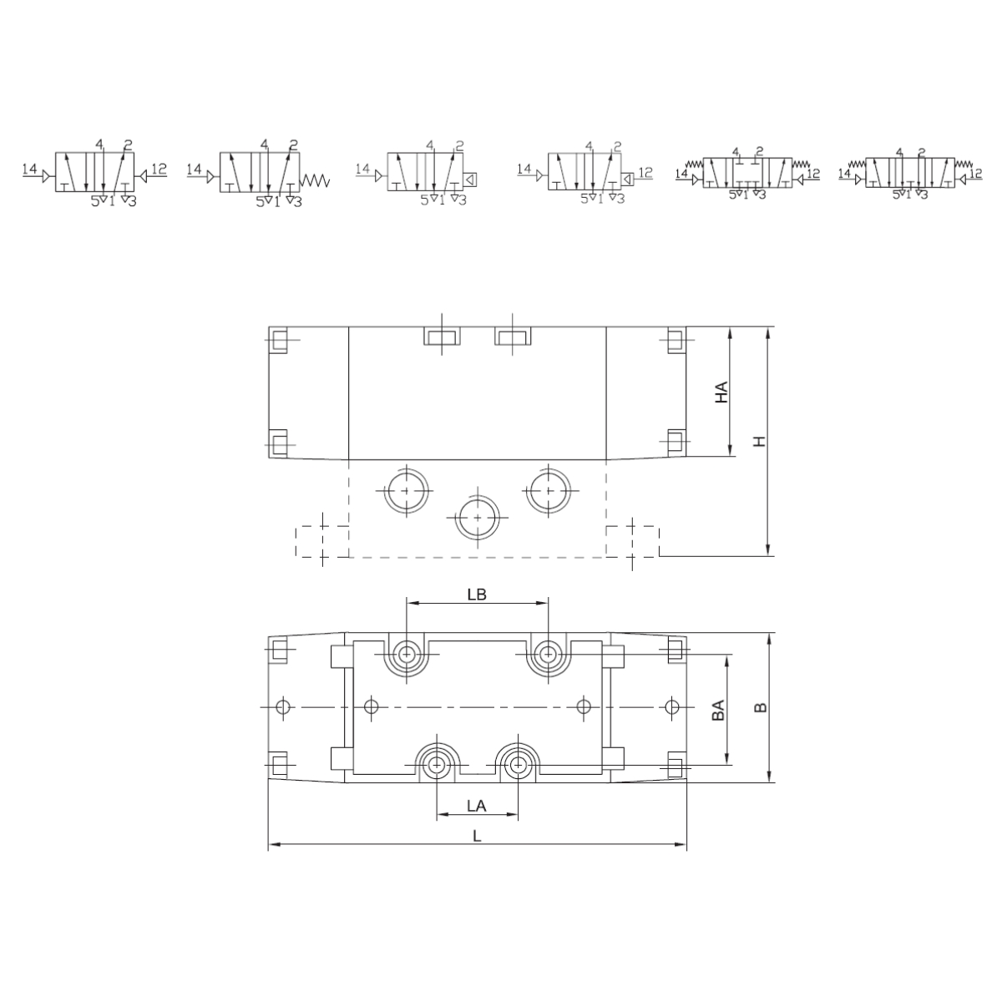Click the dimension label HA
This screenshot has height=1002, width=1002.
pyautogui.click(x=721, y=392)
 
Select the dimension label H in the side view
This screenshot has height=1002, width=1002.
pyautogui.click(x=760, y=442)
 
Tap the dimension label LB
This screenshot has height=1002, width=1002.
pyautogui.click(x=476, y=595)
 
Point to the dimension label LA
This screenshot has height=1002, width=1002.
pyautogui.click(x=476, y=806)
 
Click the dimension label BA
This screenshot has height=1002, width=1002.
pyautogui.click(x=718, y=711)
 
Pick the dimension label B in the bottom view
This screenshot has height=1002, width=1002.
pyautogui.click(x=760, y=708)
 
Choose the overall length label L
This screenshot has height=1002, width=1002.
pyautogui.click(x=477, y=836)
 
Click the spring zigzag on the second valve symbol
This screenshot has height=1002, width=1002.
pyautogui.click(x=315, y=180)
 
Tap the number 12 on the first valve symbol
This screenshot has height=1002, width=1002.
pyautogui.click(x=159, y=169)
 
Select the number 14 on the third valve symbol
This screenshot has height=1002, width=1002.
pyautogui.click(x=362, y=169)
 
